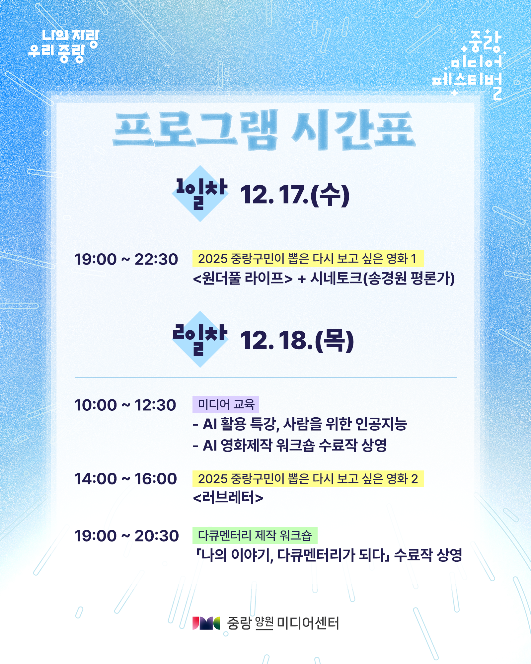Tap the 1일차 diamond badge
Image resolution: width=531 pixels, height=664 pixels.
pos(200,194)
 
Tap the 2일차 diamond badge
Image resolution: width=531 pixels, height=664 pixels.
pos(200,339)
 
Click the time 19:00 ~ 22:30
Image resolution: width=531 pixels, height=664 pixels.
pos(126,259)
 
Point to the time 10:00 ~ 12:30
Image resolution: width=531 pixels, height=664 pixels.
pos(125,405)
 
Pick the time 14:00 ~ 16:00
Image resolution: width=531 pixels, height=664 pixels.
pos(125,479)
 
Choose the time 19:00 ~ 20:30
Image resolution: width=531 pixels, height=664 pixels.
pos(126,536)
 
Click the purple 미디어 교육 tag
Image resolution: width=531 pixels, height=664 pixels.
pos(226,404)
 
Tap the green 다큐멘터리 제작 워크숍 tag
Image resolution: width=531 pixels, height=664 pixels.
pos(255,535)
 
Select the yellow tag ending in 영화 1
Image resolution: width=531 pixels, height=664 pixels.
pos(308,259)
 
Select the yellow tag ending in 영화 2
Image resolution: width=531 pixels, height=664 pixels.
pos(308,479)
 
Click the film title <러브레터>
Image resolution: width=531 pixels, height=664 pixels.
pos(228,498)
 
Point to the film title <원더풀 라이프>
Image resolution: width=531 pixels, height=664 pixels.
pos(243,278)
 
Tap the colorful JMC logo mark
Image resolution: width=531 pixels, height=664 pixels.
pos(206,623)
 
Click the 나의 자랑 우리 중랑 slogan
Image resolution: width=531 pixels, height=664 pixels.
pos(64,46)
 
